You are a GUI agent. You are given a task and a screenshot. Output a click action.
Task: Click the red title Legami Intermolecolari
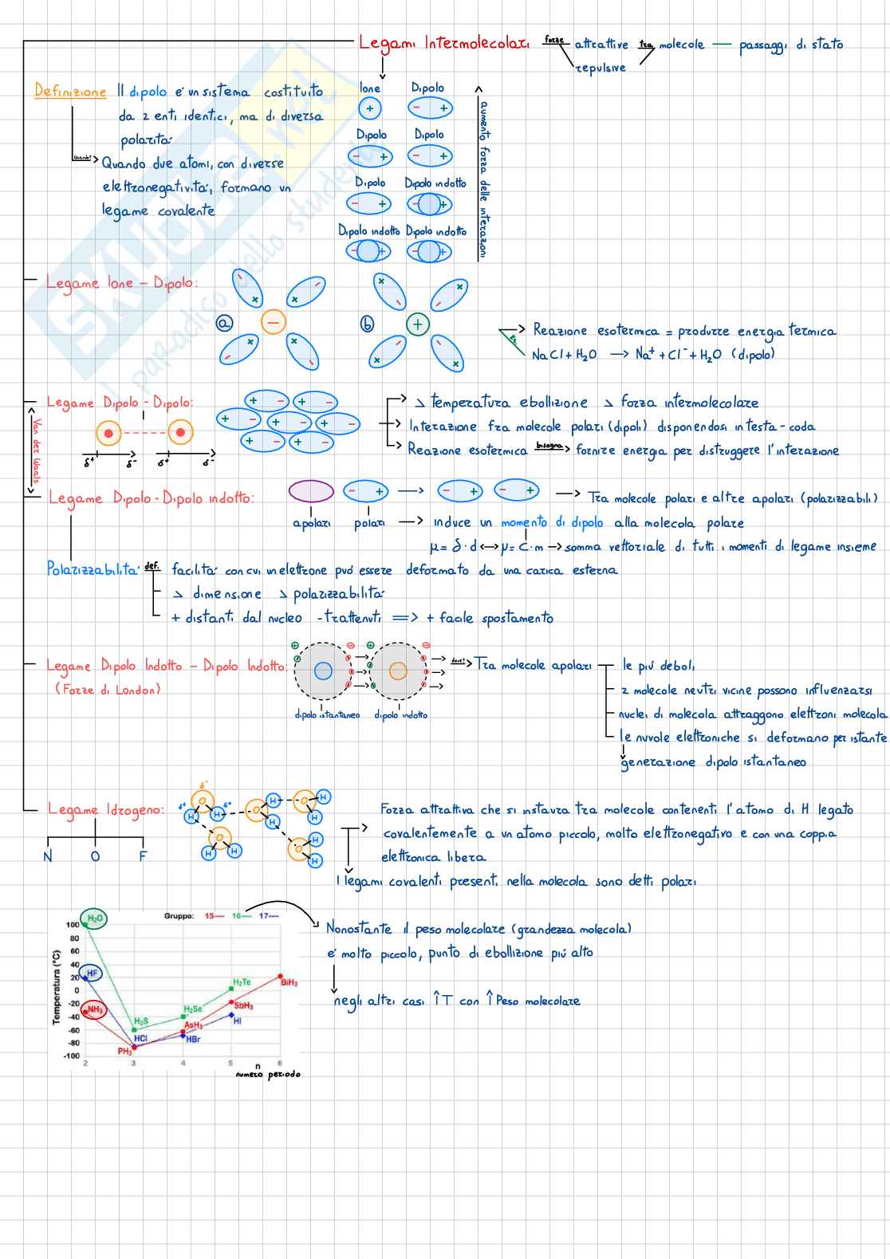[443, 43]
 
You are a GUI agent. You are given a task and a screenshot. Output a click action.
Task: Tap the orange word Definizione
[70, 91]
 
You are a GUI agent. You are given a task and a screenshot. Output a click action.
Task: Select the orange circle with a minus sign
[273, 323]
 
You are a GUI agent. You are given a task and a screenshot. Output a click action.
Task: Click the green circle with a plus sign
[417, 324]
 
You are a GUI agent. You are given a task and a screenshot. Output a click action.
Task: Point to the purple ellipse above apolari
[311, 491]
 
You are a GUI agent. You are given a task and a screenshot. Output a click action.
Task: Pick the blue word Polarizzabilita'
[93, 569]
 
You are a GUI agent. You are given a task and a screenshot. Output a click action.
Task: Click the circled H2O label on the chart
[95, 919]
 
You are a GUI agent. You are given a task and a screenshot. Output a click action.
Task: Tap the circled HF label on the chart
[92, 973]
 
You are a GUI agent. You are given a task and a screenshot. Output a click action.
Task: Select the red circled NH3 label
[94, 1009]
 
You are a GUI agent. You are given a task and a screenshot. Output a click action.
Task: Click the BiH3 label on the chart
[289, 982]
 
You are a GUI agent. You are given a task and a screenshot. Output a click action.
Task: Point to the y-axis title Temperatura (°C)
[57, 987]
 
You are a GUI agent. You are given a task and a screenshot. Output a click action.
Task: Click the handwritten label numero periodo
[268, 1074]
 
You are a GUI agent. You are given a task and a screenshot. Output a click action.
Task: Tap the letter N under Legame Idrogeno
[48, 856]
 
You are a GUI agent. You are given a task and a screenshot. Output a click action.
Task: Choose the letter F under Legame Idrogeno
[143, 856]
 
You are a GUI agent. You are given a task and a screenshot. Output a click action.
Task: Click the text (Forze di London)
[108, 689]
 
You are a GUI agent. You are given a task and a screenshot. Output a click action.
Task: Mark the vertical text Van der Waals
[36, 450]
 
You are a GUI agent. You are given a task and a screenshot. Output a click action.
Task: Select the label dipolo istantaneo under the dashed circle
[327, 714]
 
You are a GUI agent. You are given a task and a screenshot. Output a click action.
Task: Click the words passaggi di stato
[790, 45]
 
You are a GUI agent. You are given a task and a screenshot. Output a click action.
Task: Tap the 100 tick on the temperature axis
[73, 925]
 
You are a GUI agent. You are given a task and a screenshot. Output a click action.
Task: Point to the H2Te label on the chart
[242, 982]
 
